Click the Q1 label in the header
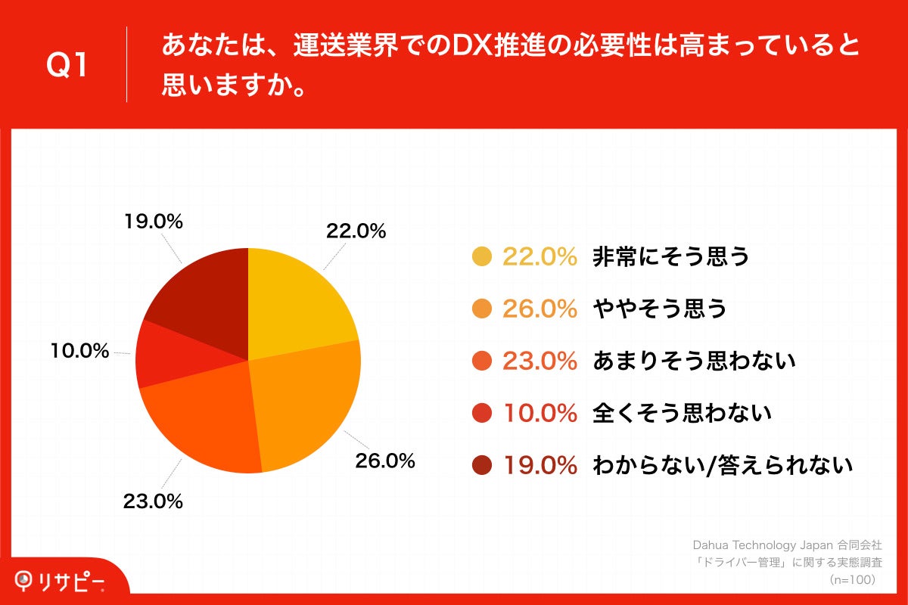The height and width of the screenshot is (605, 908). pyautogui.click(x=67, y=66)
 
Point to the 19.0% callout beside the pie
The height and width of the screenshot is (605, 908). pyautogui.click(x=153, y=222)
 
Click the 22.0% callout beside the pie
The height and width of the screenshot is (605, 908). pyautogui.click(x=356, y=231)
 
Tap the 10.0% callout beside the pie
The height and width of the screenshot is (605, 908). pyautogui.click(x=79, y=351)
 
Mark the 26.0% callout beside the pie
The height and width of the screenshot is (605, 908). pyautogui.click(x=385, y=461)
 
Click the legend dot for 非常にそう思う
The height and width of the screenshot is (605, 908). pyautogui.click(x=482, y=257)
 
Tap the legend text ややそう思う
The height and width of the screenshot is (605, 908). pyautogui.click(x=659, y=309)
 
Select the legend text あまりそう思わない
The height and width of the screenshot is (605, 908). pyautogui.click(x=694, y=361)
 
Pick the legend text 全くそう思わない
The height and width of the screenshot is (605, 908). pyautogui.click(x=682, y=413)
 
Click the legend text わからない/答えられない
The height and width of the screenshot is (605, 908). pyautogui.click(x=723, y=465)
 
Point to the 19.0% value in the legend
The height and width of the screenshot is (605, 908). pyautogui.click(x=540, y=465)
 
